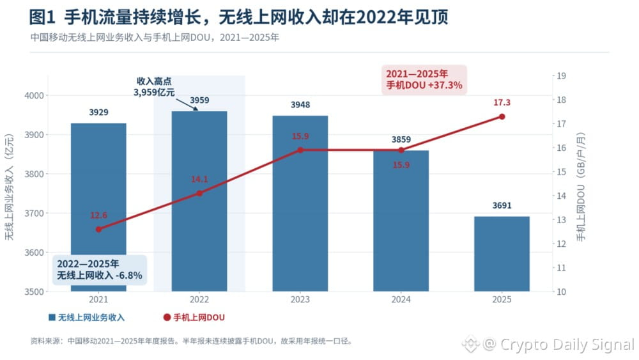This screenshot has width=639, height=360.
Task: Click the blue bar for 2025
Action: [502, 254]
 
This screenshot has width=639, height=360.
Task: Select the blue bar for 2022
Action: [199, 201]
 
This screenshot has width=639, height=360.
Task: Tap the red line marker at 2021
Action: [98, 230]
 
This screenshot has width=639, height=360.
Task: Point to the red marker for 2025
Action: [502, 116]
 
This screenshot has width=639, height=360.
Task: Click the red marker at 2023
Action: [300, 150]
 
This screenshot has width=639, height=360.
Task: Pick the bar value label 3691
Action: [502, 205]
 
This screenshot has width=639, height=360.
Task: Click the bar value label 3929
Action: [98, 112]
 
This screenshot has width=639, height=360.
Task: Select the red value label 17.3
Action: [502, 102]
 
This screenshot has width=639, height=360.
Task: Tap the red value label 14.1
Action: [199, 179]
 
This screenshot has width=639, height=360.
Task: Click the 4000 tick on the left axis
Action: [34, 95]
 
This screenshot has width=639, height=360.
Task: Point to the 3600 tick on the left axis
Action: [34, 253]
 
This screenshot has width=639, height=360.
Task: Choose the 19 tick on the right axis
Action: [562, 76]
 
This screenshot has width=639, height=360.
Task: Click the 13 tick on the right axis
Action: [562, 220]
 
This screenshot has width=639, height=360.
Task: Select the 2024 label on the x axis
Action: [401, 299]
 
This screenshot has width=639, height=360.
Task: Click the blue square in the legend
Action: [52, 317]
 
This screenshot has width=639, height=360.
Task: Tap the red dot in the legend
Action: [167, 317]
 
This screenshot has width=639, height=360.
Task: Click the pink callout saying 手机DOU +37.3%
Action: [424, 80]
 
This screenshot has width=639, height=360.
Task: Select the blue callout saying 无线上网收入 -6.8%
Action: [100, 270]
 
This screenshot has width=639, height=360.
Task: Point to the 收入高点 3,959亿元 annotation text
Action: [154, 87]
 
